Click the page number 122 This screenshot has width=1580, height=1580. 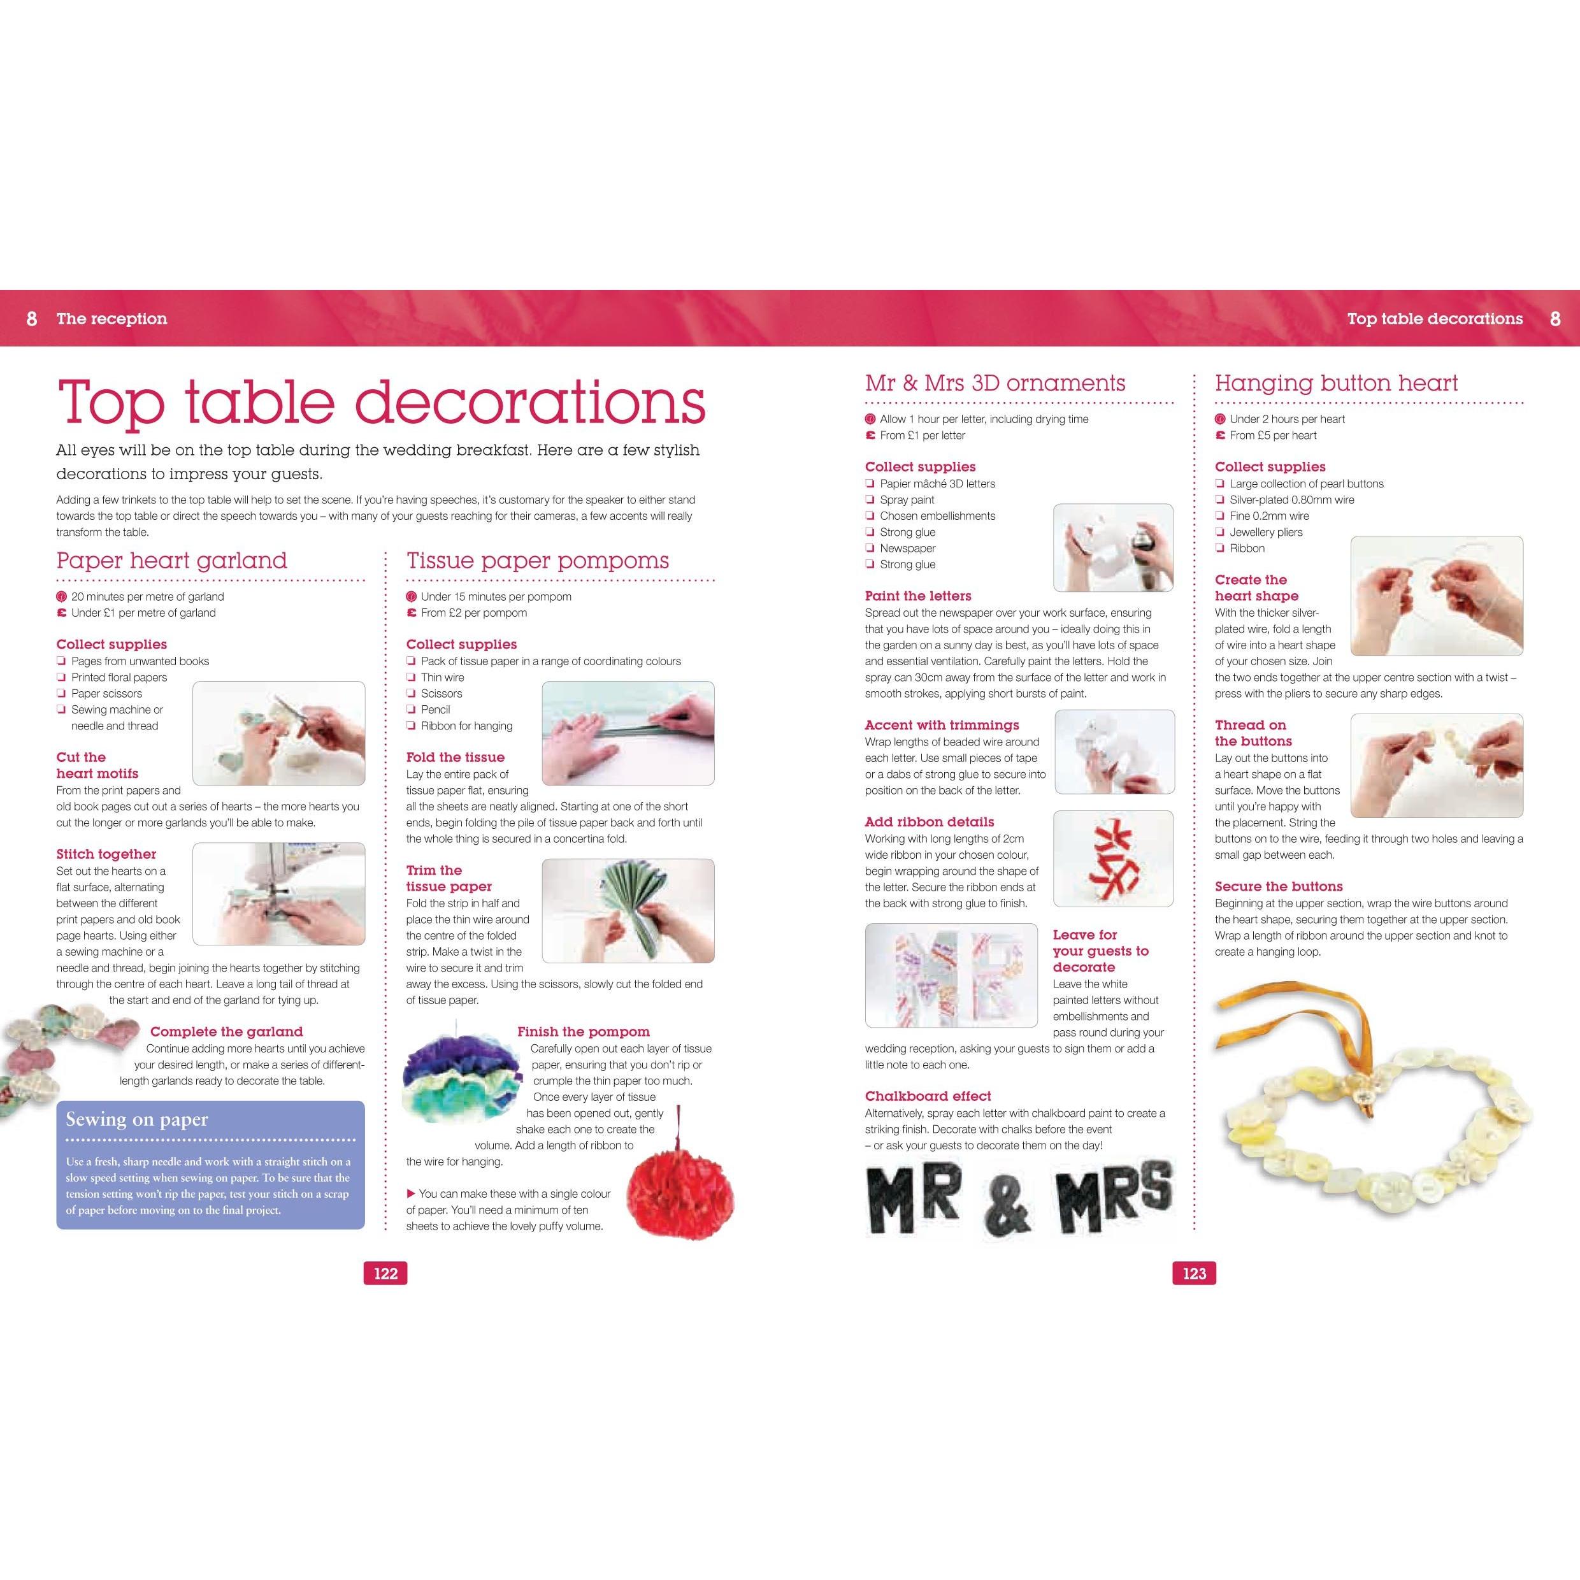click(385, 1274)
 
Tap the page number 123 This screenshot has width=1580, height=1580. click(1194, 1274)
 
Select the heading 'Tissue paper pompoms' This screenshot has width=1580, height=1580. click(537, 561)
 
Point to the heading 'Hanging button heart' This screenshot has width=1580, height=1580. click(1336, 384)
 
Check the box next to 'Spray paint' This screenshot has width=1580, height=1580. click(870, 499)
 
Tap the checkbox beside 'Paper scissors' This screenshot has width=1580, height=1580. click(61, 694)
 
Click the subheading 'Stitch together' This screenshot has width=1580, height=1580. click(106, 854)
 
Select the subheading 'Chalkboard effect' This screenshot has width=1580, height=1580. click(928, 1096)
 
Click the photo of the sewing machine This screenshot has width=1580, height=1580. click(279, 893)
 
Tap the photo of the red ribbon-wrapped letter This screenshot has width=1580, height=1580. click(1113, 859)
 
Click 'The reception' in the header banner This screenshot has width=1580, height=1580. click(112, 319)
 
